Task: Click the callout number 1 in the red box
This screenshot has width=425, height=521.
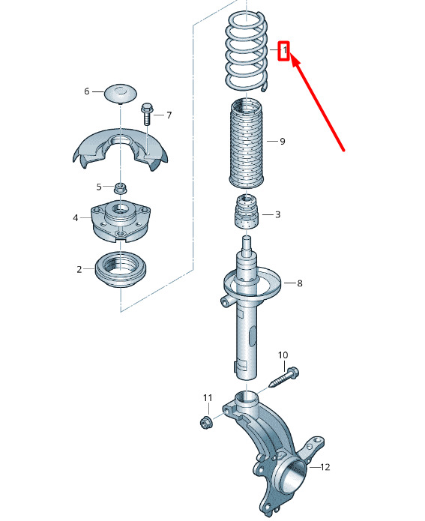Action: [x=285, y=50]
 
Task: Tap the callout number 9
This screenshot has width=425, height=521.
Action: [x=283, y=142]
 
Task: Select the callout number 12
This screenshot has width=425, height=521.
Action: [x=325, y=467]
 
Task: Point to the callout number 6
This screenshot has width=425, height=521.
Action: [x=87, y=91]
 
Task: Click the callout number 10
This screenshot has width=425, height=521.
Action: [x=283, y=355]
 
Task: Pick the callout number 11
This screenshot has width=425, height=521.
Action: [x=208, y=398]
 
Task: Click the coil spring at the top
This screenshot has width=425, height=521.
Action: [x=246, y=52]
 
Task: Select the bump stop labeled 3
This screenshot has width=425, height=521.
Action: [x=247, y=212]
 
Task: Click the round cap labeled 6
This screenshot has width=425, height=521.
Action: [x=121, y=94]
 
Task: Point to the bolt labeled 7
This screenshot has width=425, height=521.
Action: [x=147, y=114]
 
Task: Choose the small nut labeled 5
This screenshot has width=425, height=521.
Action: [x=120, y=188]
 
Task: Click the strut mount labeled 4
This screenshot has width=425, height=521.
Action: [x=120, y=221]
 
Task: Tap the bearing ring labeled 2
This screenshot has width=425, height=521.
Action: [x=120, y=270]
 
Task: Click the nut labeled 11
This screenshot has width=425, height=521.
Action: [x=205, y=423]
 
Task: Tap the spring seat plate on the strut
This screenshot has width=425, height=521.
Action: [x=253, y=283]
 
